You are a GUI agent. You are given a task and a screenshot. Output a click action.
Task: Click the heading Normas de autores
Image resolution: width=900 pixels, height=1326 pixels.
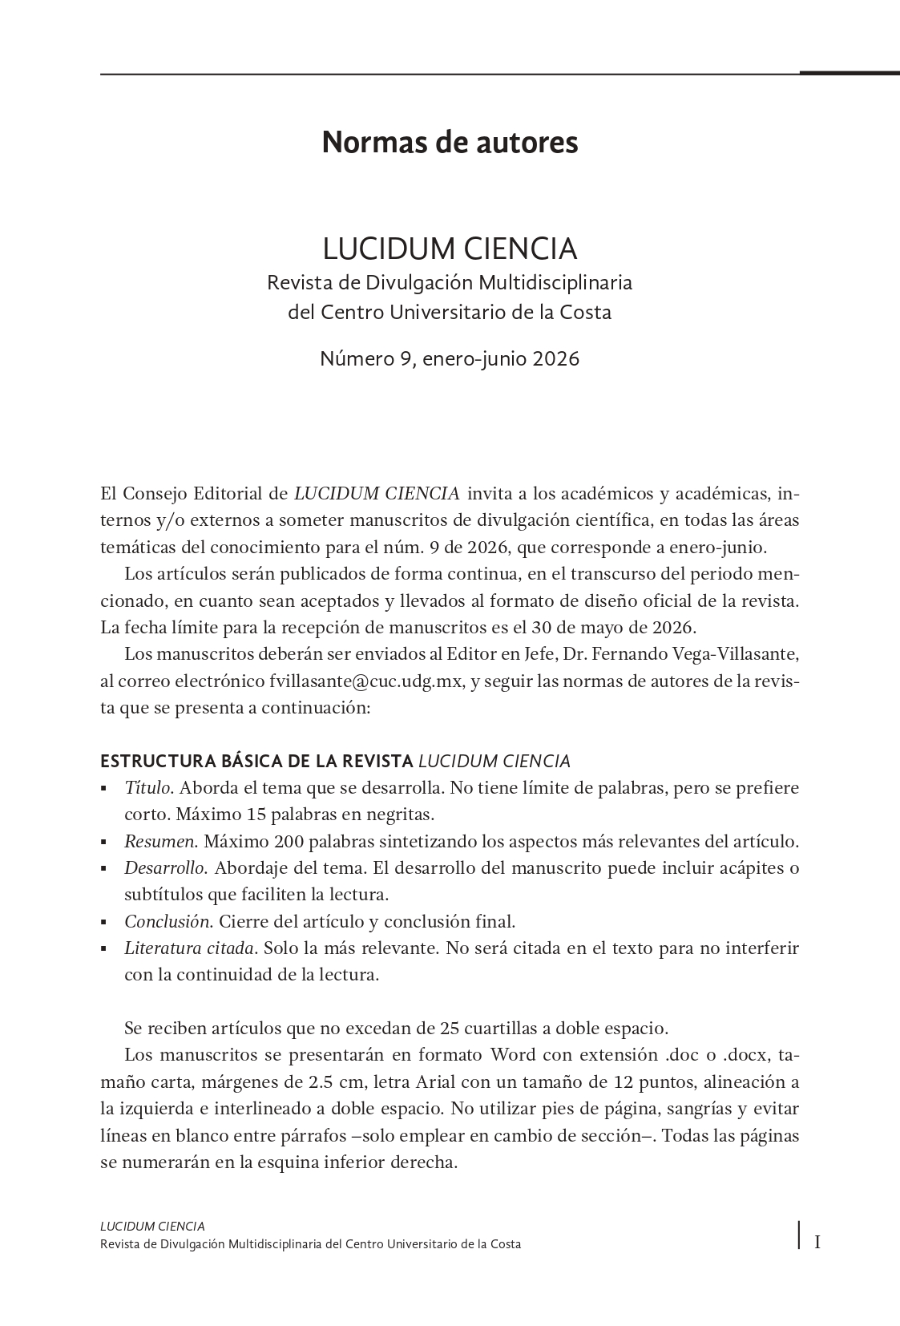pos(450,143)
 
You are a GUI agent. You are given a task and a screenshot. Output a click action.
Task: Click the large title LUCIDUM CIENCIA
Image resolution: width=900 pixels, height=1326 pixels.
pos(450,249)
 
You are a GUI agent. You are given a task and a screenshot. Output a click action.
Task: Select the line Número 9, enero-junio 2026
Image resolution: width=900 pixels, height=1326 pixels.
pos(450,358)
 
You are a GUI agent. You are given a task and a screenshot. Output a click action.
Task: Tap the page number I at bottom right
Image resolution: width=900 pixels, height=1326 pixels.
pos(817,1243)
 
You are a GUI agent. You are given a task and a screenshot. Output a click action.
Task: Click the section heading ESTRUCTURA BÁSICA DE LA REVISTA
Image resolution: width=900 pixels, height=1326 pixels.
pos(256,761)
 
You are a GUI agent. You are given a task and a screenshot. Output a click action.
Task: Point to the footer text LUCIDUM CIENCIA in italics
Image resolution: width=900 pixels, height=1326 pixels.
pos(152,1226)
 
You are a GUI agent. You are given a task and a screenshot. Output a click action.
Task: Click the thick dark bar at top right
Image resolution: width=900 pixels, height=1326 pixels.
pos(849,73)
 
